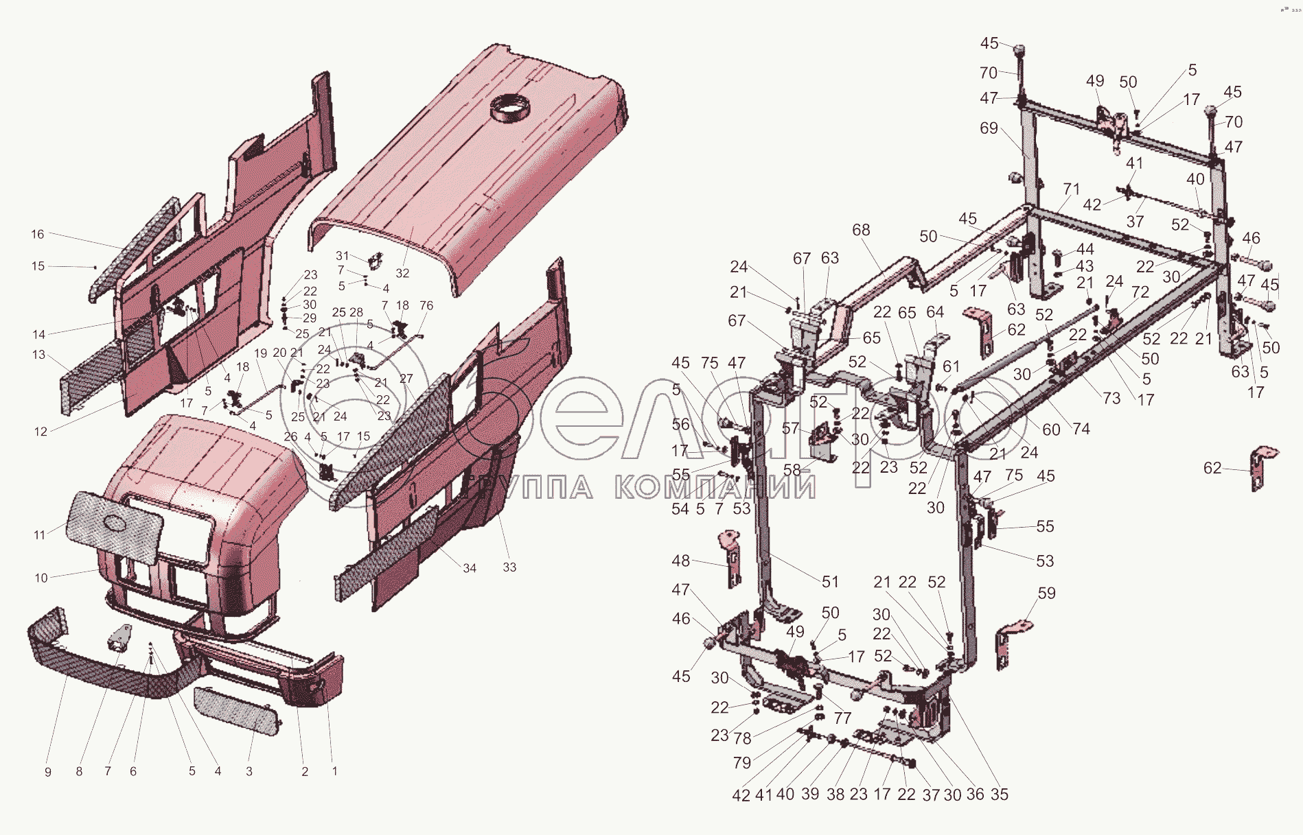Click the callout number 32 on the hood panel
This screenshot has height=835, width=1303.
tap(402, 273)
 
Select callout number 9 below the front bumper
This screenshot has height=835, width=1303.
tap(48, 772)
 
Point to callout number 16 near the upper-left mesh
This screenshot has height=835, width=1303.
tap(37, 234)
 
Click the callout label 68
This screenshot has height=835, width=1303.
tap(861, 230)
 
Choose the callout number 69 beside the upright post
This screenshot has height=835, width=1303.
tap(989, 128)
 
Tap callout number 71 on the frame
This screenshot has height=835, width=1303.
tap(1071, 189)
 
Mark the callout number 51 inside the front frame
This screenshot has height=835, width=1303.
tap(830, 582)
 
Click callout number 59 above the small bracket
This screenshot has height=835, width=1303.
tap(1046, 593)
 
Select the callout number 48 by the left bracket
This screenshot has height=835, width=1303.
tap(680, 561)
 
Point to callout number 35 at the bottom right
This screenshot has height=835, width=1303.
tap(1000, 795)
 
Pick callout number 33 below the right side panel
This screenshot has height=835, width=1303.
tap(509, 567)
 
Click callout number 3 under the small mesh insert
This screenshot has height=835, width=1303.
tap(249, 771)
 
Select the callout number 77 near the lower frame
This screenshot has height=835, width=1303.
tap(842, 718)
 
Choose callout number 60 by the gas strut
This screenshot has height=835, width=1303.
tap(1051, 430)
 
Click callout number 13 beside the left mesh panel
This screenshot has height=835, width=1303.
tap(38, 355)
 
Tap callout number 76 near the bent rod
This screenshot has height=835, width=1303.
tap(426, 305)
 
